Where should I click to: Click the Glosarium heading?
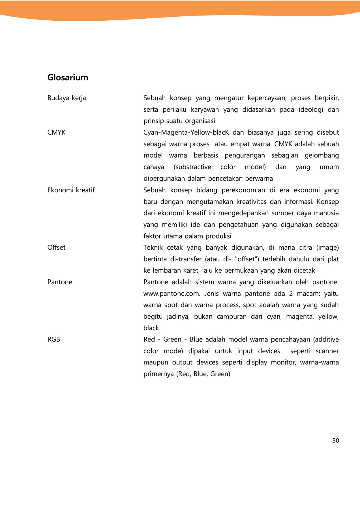tap(68, 77)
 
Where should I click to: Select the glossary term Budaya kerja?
tap(67, 98)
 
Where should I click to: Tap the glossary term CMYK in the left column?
tap(56, 133)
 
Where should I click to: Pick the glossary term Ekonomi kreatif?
tap(71, 190)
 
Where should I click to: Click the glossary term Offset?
tap(56, 248)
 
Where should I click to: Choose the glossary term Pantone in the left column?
tap(60, 282)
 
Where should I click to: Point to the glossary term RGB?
tap(54, 340)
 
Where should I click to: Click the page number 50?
tap(335, 441)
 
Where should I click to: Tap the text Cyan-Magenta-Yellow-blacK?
tap(186, 133)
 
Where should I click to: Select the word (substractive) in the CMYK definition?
tap(192, 167)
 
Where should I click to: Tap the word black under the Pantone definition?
tap(151, 328)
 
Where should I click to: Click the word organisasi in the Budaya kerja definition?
tap(201, 121)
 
